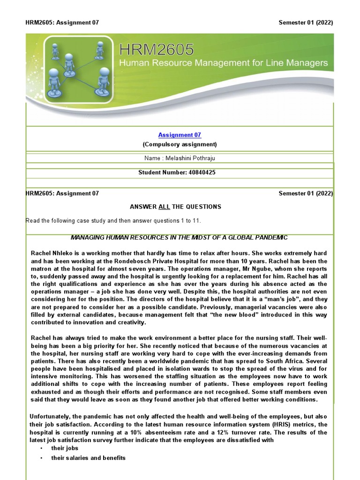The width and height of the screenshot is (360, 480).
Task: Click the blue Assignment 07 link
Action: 180,135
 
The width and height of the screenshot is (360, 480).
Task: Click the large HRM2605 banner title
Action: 157,50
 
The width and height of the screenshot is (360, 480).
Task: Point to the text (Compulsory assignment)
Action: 180,144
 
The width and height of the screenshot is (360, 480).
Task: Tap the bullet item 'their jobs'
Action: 65,449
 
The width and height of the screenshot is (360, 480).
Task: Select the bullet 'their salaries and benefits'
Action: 88,458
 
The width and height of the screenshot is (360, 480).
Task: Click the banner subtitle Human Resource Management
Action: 224,63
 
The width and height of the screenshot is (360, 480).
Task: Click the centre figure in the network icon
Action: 69,62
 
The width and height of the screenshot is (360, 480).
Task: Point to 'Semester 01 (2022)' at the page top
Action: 306,22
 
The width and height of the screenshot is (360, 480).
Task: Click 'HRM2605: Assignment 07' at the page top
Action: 62,22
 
